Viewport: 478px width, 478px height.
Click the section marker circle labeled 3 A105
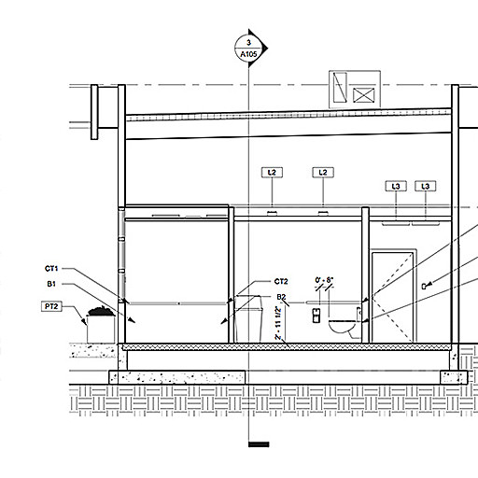point(248,48)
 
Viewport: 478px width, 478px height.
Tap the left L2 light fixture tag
point(272,173)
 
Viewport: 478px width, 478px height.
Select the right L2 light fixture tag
point(323,173)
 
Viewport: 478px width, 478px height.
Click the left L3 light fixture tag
point(396,186)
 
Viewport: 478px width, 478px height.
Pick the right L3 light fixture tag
point(426,186)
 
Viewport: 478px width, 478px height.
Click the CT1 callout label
point(51,268)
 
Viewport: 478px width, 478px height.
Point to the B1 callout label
point(51,284)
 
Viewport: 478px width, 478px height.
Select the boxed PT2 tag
point(51,306)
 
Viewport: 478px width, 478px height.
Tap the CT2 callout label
point(281,281)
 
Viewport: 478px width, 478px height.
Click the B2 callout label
point(281,297)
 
